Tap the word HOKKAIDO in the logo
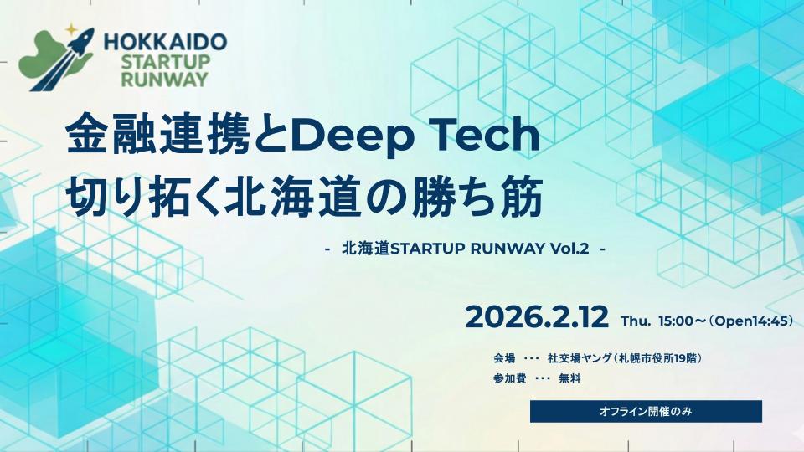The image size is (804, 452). (x=165, y=42)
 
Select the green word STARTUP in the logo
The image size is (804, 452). (x=166, y=62)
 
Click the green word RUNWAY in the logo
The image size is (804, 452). (x=164, y=80)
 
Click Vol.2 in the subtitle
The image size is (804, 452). (x=569, y=249)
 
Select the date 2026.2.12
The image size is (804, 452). (x=537, y=317)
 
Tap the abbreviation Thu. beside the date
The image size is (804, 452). (x=636, y=321)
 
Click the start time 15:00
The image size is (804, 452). (x=676, y=321)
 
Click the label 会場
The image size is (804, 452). (x=504, y=358)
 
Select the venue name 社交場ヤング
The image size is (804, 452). (x=580, y=358)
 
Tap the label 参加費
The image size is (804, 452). (x=510, y=378)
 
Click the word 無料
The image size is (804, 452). (x=569, y=378)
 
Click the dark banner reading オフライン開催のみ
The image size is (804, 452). (x=646, y=412)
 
